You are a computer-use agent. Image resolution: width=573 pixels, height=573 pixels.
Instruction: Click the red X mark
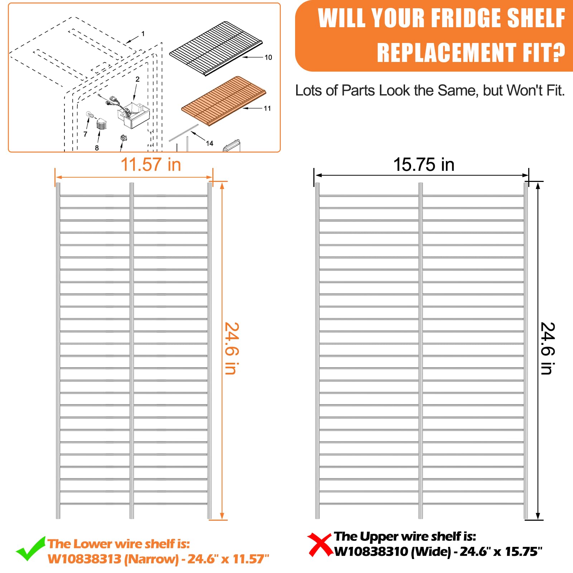(320, 544)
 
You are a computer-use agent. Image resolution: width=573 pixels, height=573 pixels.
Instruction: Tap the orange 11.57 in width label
(151, 165)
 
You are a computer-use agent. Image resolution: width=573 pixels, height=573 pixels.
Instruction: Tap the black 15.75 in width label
(424, 165)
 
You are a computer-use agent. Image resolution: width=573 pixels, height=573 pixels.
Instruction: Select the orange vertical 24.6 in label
(231, 348)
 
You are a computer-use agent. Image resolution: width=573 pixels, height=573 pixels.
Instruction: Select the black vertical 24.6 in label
(547, 348)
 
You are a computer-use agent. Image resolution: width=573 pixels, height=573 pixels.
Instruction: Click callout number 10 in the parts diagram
(268, 57)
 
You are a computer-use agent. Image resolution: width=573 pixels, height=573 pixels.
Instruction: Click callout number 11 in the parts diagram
(268, 108)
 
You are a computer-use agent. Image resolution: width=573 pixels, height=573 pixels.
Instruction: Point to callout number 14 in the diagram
(210, 143)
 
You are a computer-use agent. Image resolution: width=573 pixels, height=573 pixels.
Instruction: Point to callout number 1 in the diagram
(143, 34)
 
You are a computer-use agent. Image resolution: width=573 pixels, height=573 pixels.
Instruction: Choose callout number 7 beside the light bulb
(85, 134)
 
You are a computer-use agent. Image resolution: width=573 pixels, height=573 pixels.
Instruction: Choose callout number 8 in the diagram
(97, 148)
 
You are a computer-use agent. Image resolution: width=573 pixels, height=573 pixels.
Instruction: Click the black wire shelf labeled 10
(216, 48)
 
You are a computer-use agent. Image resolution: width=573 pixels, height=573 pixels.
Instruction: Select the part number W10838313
(85, 559)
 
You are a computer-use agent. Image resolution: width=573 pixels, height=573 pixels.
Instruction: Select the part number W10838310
(371, 552)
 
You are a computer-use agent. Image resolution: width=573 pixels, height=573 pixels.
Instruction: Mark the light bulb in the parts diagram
(90, 115)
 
